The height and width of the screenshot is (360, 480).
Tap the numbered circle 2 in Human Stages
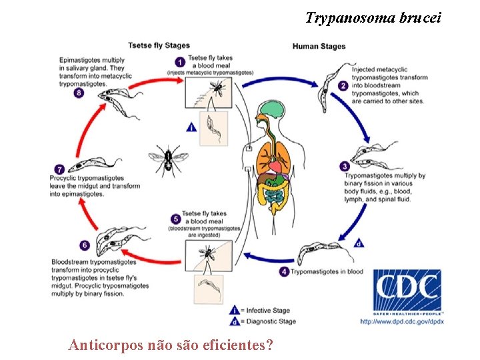342,85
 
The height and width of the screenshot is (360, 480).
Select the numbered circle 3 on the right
344,166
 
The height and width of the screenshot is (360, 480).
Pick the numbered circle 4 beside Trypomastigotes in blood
285,271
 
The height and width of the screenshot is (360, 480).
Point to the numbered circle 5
175,218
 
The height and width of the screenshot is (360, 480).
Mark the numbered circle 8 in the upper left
79,93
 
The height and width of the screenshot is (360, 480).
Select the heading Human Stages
319,46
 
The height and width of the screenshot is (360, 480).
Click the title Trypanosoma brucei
373,18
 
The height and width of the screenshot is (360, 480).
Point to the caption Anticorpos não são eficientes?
170,345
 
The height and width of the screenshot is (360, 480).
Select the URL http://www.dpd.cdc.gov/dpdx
403,322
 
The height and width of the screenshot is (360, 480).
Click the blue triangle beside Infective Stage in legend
235,310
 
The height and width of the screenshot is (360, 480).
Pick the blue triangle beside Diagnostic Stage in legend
235,321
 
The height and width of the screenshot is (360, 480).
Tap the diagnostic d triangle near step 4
360,243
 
